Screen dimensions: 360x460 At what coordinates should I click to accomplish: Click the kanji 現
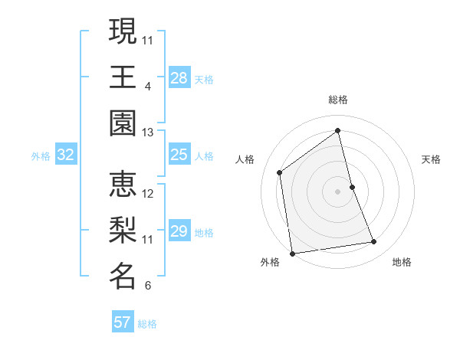pos(123,31)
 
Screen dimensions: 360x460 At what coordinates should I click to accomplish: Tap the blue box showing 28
pos(179,78)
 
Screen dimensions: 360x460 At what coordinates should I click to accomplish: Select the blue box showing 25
pos(179,155)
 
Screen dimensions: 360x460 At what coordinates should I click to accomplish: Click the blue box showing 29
pos(179,231)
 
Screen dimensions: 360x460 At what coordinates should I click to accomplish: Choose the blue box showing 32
pos(66,155)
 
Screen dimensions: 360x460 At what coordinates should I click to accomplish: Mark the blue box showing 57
pos(123,322)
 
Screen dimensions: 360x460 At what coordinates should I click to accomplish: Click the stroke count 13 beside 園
pos(148,133)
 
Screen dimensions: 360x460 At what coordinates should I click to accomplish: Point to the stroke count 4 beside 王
pos(148,86)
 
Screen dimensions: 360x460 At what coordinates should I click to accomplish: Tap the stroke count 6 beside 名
pos(148,286)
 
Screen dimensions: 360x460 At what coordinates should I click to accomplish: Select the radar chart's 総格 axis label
pos(338,100)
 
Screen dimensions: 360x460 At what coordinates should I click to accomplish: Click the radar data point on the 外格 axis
pos(292,253)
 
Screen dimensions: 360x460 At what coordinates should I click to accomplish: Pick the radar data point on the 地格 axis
pos(374,242)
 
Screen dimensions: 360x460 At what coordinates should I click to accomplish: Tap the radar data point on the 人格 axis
pos(280,172)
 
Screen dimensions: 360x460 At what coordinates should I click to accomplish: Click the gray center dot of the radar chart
pos(338,191)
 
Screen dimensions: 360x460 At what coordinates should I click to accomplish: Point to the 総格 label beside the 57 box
pos(147,324)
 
